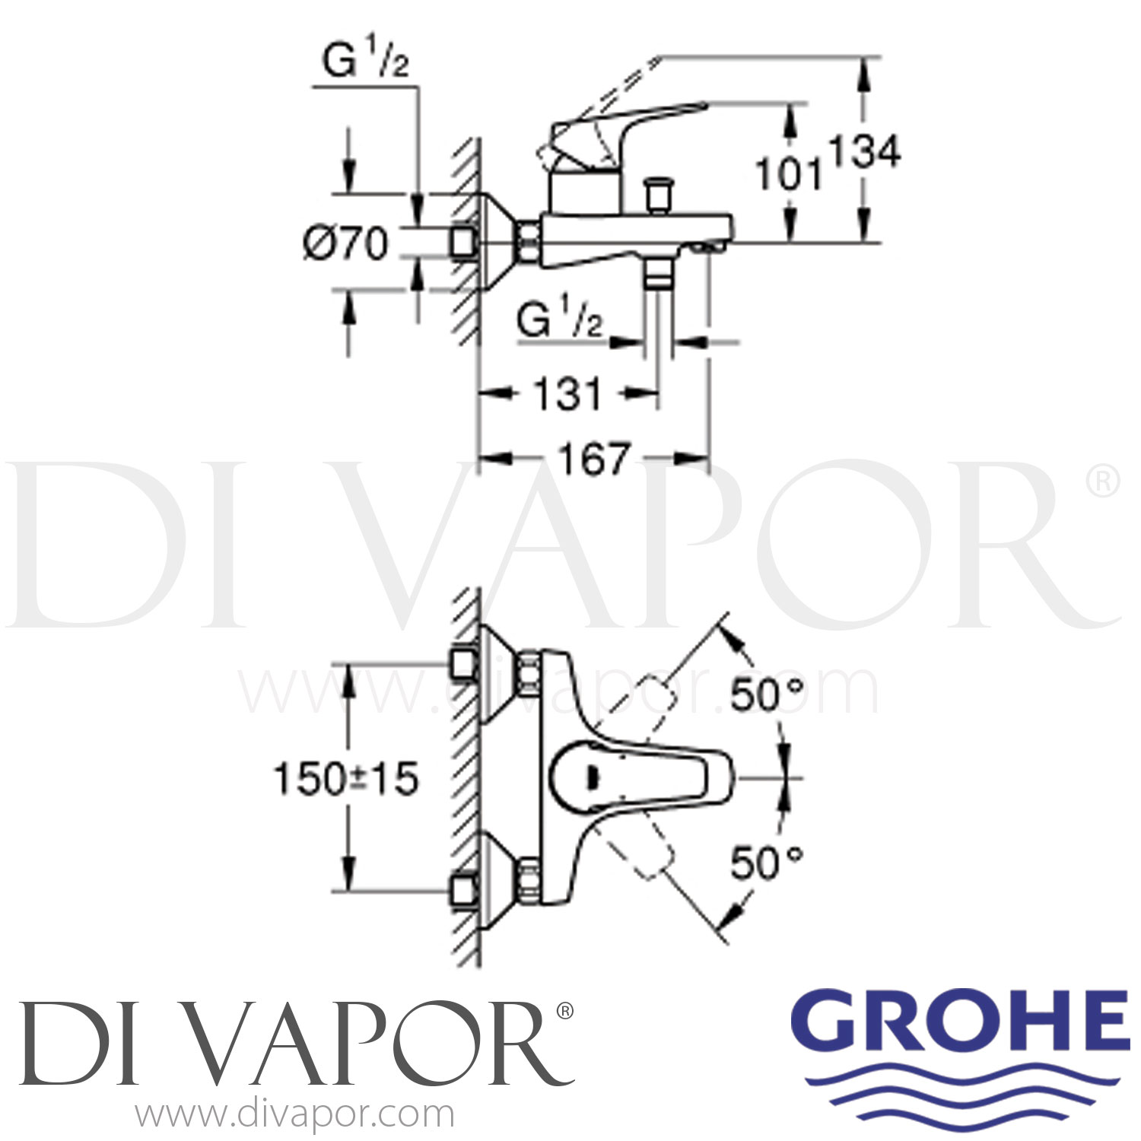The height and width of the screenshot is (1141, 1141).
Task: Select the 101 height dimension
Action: [790, 175]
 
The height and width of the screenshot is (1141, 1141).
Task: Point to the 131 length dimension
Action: [567, 394]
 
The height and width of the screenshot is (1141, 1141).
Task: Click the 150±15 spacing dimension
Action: [346, 779]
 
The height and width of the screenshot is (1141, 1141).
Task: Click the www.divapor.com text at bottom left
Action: [294, 1115]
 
